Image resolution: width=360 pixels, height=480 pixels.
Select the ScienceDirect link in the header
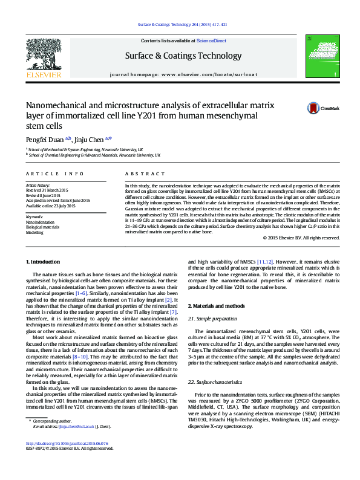[211, 41]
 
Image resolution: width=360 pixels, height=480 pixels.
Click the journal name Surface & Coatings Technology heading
[183, 56]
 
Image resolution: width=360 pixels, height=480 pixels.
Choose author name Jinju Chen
[94, 139]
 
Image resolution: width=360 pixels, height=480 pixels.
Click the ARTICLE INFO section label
[55, 174]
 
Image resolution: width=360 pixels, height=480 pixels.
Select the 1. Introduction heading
[45, 262]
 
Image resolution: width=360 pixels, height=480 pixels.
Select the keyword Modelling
[34, 232]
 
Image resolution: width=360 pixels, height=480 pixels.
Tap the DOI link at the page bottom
[68, 443]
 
